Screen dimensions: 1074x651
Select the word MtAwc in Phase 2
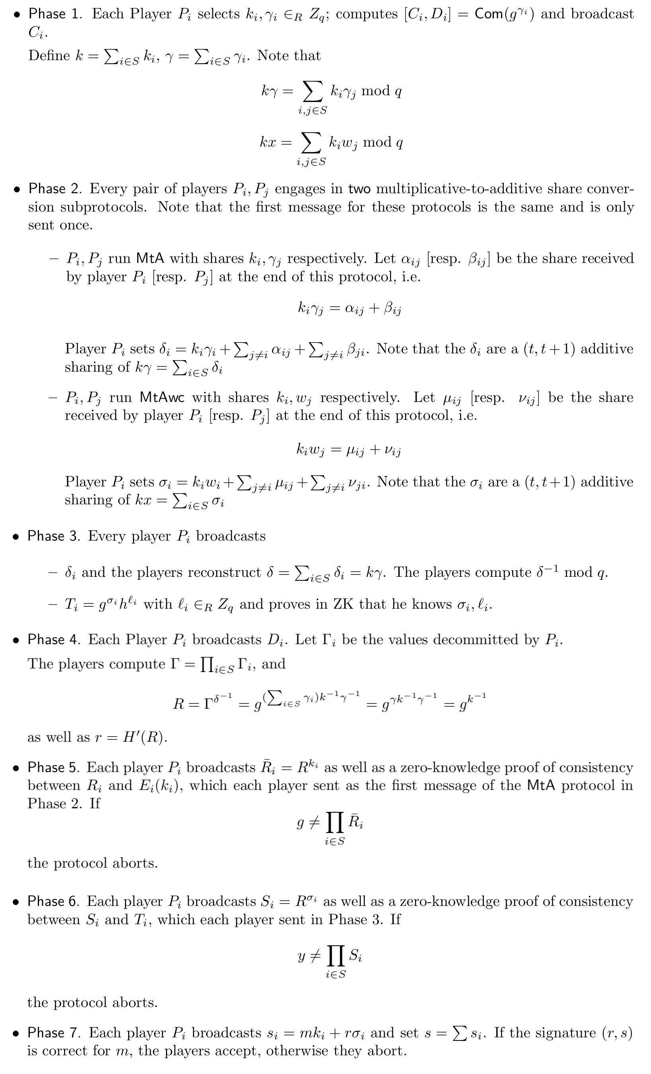162,398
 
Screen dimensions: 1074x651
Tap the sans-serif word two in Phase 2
359,189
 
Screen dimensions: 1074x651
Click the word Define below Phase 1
49,56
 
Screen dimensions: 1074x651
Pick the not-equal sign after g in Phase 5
314,822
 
